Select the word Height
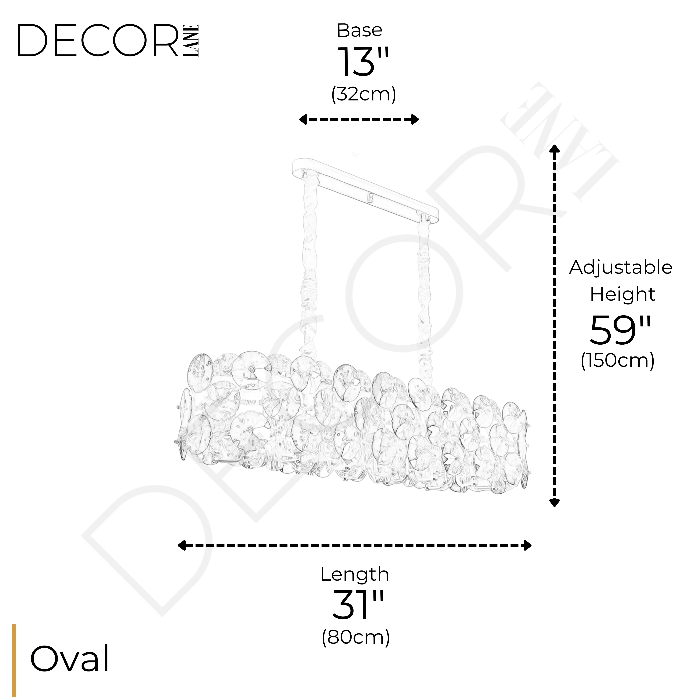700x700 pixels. (622, 294)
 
